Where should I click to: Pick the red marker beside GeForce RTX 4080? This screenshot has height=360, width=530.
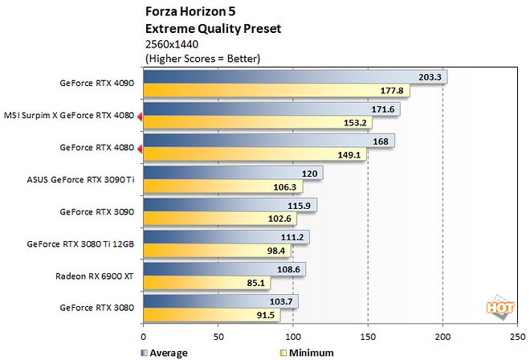click(140, 148)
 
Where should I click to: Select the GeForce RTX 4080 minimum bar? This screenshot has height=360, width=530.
click(255, 154)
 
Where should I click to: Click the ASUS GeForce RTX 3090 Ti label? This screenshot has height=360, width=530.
click(79, 179)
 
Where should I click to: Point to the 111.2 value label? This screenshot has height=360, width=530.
click(295, 236)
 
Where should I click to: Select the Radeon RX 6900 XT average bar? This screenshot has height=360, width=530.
click(224, 268)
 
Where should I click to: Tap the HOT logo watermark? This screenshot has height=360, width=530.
click(499, 309)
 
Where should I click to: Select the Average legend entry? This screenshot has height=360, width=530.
click(165, 352)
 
